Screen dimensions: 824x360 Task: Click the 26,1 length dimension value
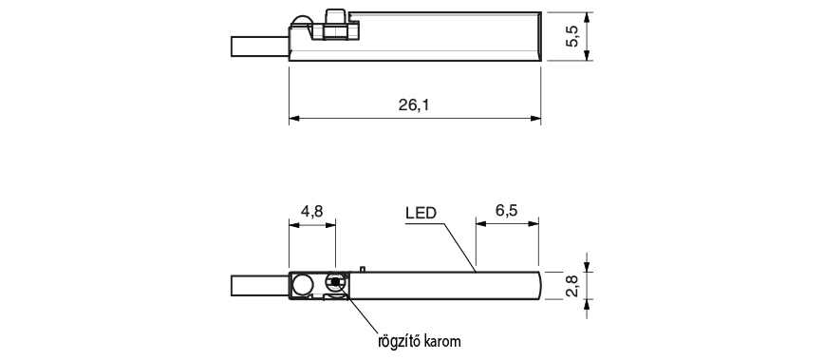414,105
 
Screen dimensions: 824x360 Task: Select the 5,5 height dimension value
572,36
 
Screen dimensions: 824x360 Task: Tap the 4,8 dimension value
311,211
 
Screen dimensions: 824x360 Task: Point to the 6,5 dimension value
507,211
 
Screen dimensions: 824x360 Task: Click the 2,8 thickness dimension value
572,286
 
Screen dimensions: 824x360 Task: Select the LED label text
421,213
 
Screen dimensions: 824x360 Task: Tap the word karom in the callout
444,342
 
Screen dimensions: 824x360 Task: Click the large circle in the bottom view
303,285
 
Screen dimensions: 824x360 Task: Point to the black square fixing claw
335,282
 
